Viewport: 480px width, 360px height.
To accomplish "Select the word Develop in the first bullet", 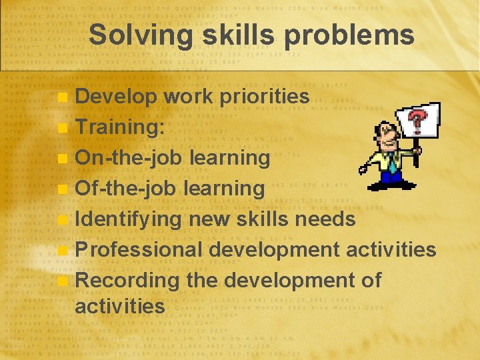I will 116,97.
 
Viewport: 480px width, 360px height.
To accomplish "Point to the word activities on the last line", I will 119,307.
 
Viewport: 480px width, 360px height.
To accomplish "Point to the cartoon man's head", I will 387,137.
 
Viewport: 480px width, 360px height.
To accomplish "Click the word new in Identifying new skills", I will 208,219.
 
